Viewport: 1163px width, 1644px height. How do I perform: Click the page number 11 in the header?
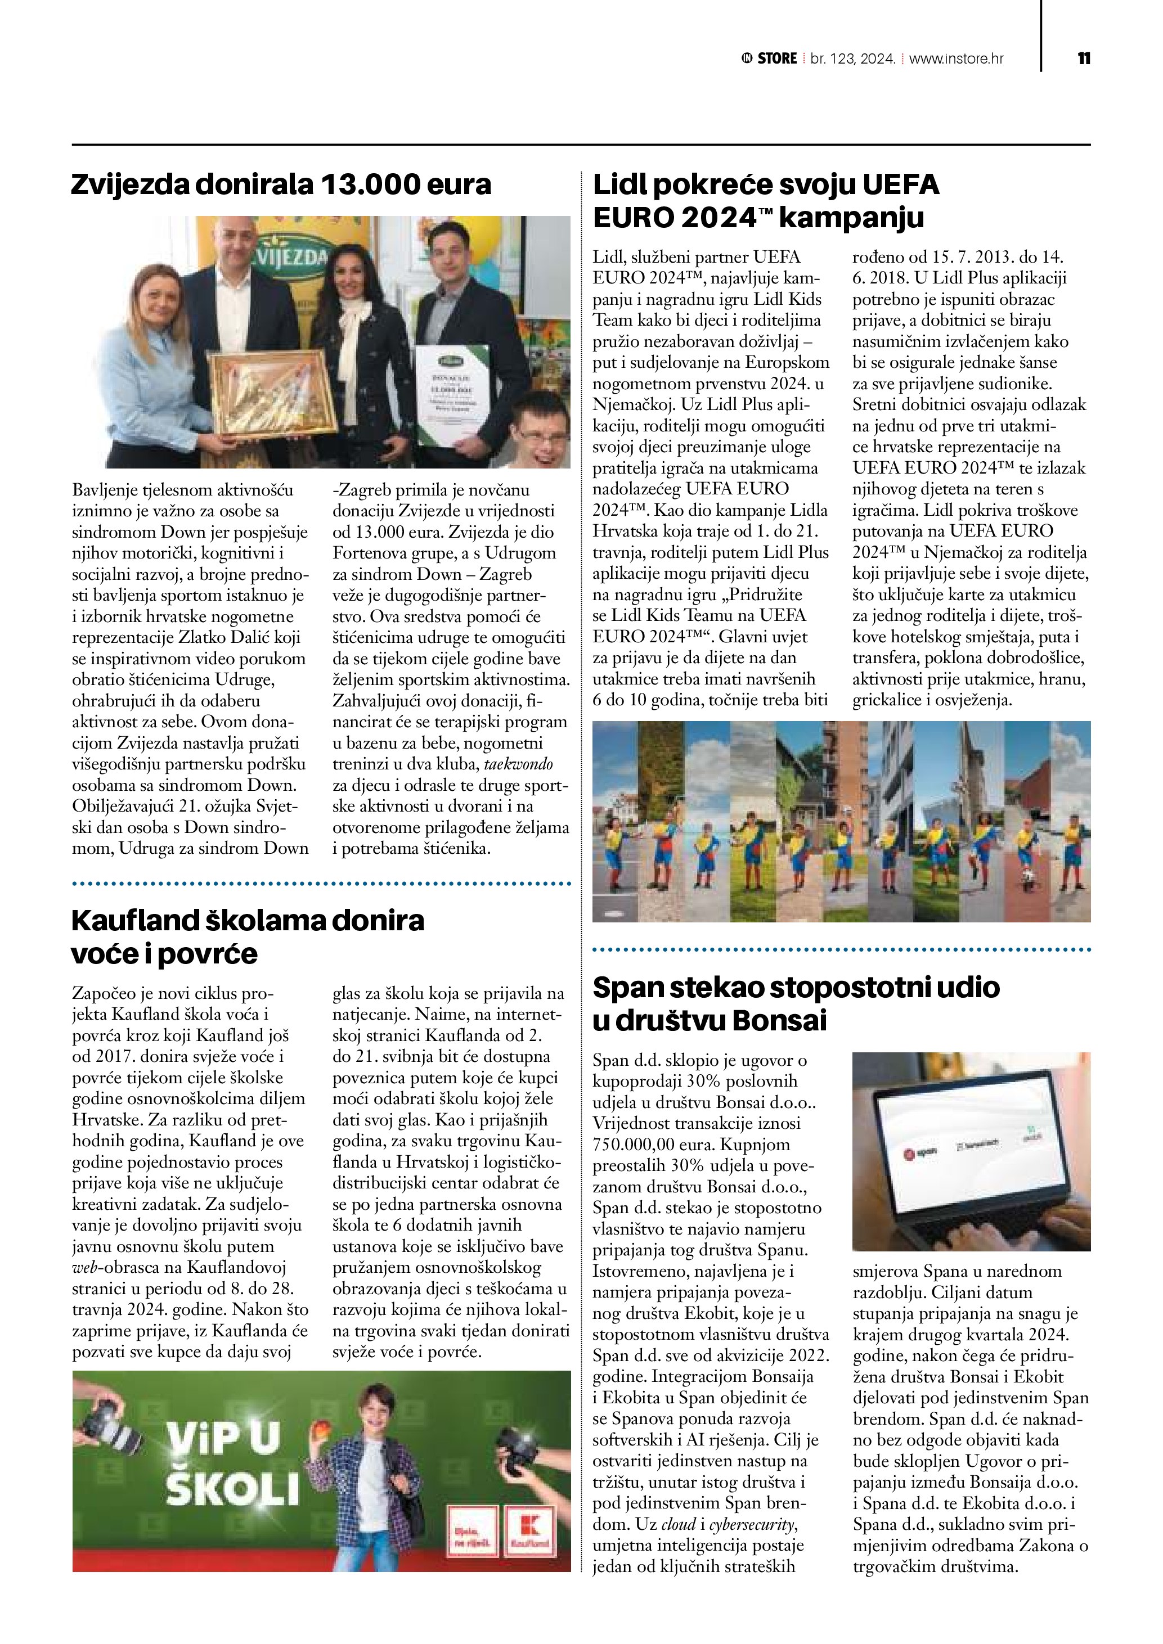pyautogui.click(x=1084, y=58)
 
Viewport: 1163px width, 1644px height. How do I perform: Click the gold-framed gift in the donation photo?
pyautogui.click(x=272, y=396)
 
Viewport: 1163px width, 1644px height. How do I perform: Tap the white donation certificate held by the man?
pyautogui.click(x=452, y=395)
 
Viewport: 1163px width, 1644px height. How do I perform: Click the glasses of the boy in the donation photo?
pyautogui.click(x=542, y=435)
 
